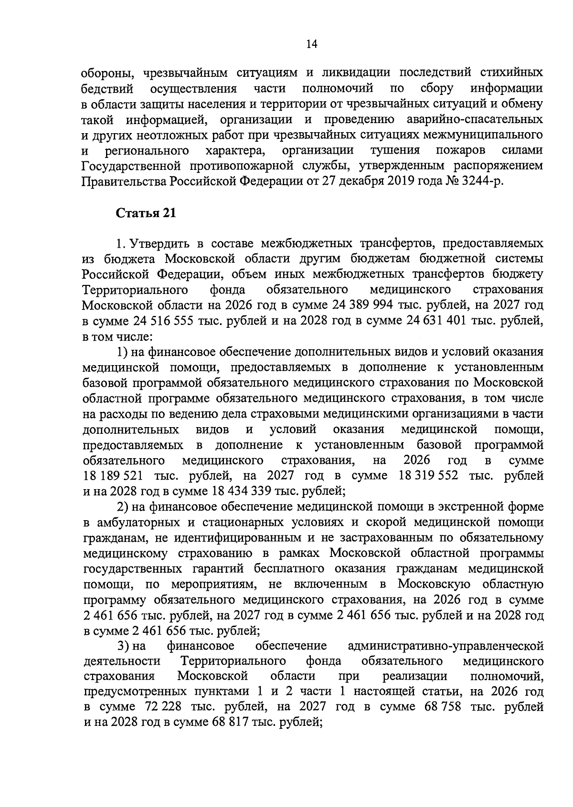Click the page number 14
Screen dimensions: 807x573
click(312, 44)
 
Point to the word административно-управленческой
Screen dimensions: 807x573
click(446, 647)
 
